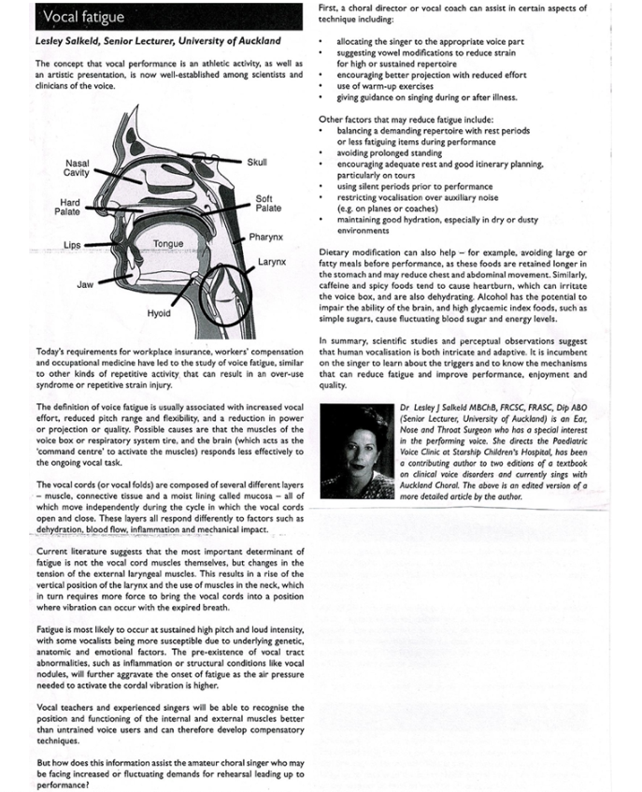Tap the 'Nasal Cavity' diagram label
point(78,168)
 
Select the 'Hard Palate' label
point(70,208)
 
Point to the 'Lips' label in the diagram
point(72,245)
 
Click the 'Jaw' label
point(84,283)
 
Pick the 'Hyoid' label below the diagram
point(159,313)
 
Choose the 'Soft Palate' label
point(264,204)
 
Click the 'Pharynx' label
point(266,238)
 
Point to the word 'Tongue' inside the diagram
point(168,244)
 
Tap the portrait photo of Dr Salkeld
point(357,452)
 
